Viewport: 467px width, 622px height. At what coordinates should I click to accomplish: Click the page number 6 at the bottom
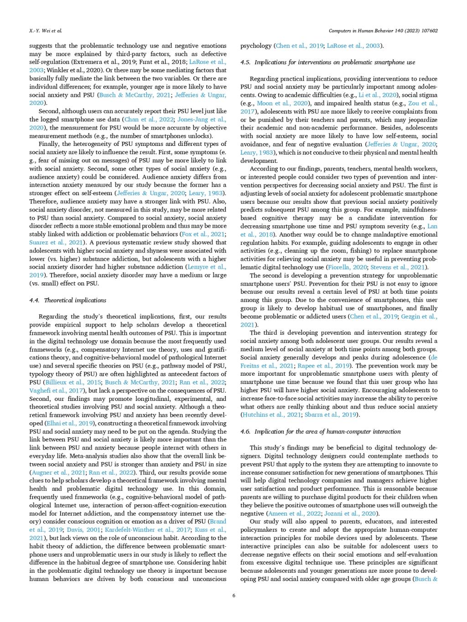pos(233,595)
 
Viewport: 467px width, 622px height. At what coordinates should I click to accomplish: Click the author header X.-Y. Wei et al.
pos(42,31)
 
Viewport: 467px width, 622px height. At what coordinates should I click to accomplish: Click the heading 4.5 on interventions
pos(327,62)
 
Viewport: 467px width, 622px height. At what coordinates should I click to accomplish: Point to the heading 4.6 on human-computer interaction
pos(321,431)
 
